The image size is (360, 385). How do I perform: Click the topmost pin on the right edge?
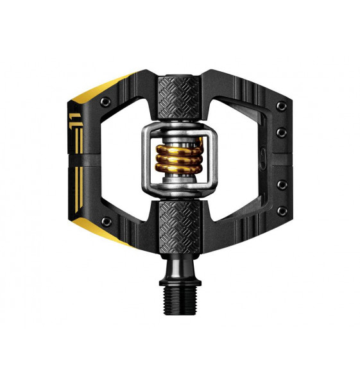tap(281, 105)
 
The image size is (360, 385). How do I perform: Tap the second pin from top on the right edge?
tap(282, 133)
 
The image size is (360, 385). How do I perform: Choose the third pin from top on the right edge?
tap(282, 185)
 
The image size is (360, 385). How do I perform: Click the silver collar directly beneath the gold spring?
tap(179, 182)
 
